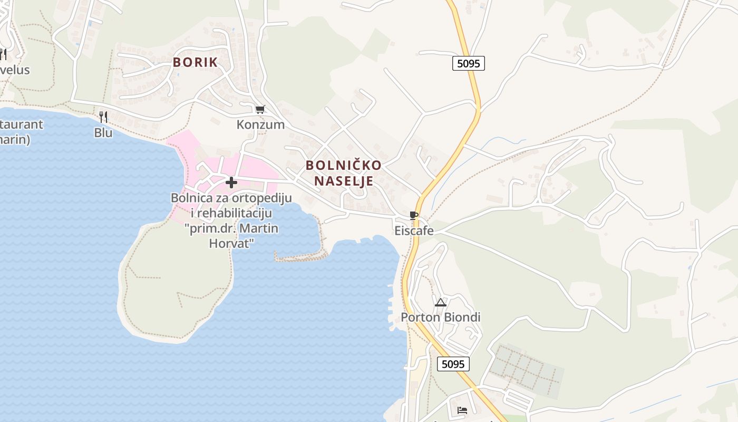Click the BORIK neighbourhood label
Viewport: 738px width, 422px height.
click(195, 62)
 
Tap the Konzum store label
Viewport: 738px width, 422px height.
click(260, 125)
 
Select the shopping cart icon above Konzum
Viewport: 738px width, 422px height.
click(260, 110)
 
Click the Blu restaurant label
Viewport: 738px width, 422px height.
click(103, 133)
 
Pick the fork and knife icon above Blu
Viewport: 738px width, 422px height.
click(103, 117)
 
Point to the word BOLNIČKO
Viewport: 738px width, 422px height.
click(343, 165)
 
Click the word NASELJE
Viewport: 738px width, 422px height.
click(344, 181)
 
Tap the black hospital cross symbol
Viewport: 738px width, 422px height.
click(231, 183)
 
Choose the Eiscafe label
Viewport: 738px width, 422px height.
click(414, 231)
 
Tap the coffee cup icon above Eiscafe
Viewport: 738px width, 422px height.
click(414, 215)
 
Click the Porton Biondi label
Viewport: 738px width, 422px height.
click(441, 318)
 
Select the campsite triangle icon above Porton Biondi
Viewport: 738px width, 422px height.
click(441, 302)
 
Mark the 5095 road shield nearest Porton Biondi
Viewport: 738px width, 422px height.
click(453, 364)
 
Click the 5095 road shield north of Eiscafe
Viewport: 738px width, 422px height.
click(468, 64)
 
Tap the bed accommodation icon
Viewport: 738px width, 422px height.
click(462, 410)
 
